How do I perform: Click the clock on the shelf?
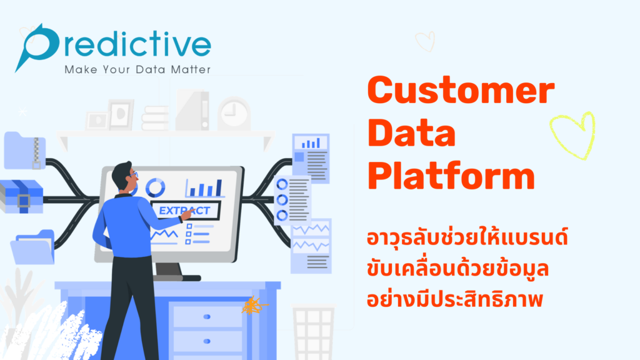(234, 114)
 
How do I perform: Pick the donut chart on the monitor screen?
(155, 187)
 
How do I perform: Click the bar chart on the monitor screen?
(204, 187)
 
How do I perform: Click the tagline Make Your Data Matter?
(137, 69)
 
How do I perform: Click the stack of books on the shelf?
(155, 117)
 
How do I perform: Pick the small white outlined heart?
(425, 41)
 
